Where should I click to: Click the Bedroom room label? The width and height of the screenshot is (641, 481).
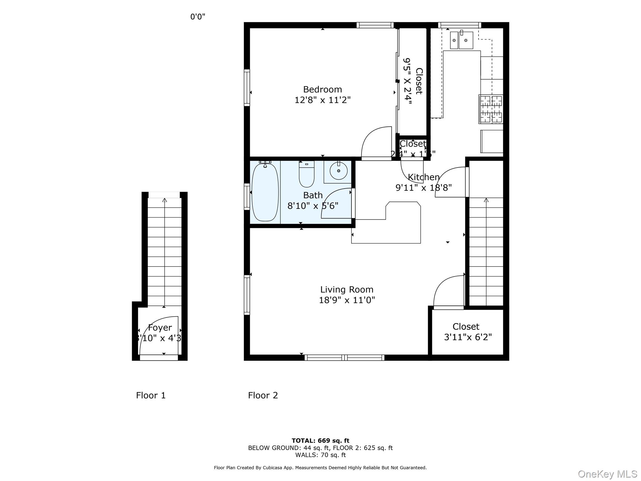pyautogui.click(x=322, y=90)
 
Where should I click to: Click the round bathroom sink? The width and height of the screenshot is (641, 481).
pyautogui.click(x=338, y=171)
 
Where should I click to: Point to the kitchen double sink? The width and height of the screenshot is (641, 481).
pyautogui.click(x=461, y=40)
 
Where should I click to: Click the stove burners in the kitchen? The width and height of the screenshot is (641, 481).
pyautogui.click(x=491, y=109)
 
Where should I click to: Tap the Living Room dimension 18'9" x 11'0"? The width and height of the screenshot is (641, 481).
pyautogui.click(x=347, y=300)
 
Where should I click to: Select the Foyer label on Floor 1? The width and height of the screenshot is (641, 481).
pyautogui.click(x=160, y=328)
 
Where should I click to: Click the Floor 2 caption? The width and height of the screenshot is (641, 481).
pyautogui.click(x=263, y=396)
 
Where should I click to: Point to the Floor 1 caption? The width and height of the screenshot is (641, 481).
pyautogui.click(x=151, y=396)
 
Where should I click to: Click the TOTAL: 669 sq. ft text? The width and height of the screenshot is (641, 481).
pyautogui.click(x=320, y=441)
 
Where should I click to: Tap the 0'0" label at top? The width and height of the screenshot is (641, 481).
pyautogui.click(x=198, y=17)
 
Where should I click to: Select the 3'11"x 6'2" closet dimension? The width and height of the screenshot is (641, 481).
pyautogui.click(x=468, y=337)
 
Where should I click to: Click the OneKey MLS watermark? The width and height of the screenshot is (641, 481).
pyautogui.click(x=607, y=474)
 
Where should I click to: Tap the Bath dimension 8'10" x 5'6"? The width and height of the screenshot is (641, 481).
pyautogui.click(x=313, y=206)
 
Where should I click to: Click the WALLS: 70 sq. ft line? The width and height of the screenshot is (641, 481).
pyautogui.click(x=320, y=455)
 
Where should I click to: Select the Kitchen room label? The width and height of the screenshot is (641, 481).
pyautogui.click(x=423, y=177)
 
